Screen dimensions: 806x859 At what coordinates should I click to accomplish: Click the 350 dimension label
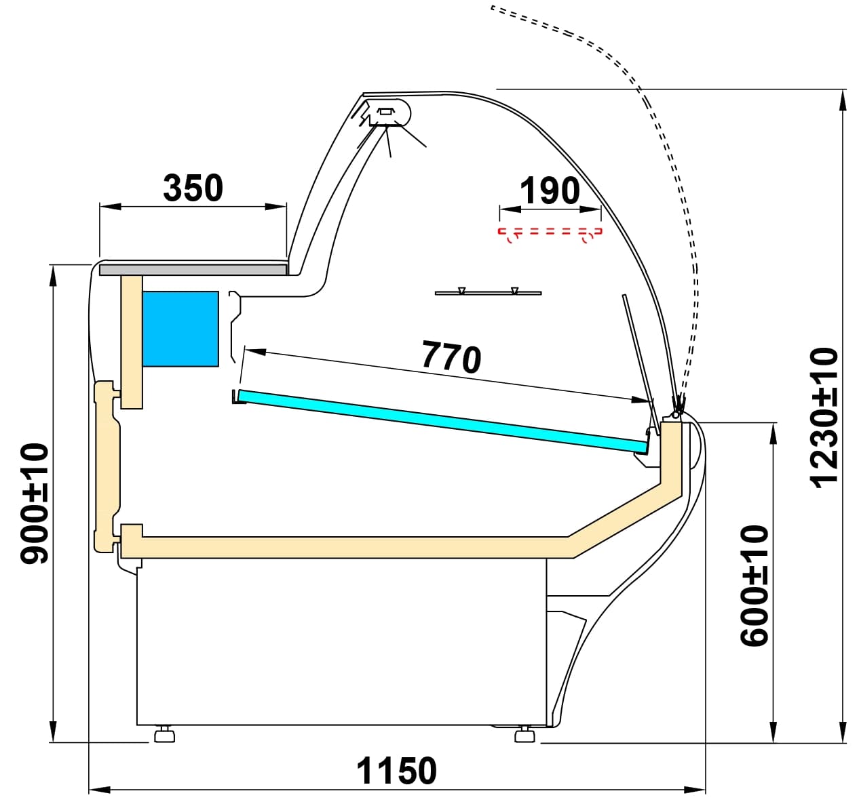pos(193,188)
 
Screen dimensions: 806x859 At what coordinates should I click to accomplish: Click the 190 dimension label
pos(550,191)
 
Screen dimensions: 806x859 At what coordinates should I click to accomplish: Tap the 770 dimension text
pos(451,357)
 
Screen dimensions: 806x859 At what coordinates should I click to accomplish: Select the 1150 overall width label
pos(397,771)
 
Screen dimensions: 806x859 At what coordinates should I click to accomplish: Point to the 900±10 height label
pos(35,504)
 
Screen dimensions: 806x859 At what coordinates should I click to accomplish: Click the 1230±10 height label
pos(824,417)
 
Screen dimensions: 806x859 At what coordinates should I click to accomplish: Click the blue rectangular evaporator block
pos(180,329)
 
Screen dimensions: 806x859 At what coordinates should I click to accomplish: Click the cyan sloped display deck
pos(441,420)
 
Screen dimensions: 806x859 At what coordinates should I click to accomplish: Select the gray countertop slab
pos(193,270)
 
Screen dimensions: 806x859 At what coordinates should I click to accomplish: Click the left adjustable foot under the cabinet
pos(164,735)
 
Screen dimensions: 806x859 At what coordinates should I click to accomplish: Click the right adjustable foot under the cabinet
pos(523,736)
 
